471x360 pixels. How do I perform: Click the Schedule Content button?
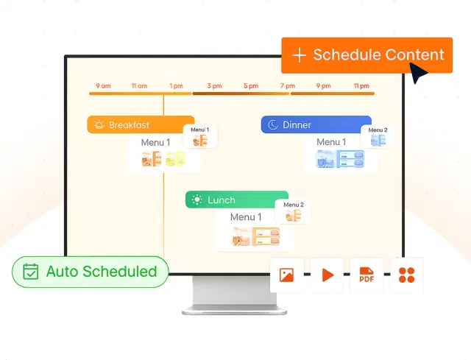tap(366, 55)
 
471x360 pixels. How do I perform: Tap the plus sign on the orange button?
tap(299, 55)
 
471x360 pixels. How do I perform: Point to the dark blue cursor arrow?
tap(419, 73)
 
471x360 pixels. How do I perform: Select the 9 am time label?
tap(103, 86)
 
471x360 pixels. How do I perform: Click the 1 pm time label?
tap(176, 86)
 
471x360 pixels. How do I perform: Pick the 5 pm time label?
tap(250, 86)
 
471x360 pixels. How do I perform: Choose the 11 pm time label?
tap(361, 86)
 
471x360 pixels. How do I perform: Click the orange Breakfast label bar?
tap(141, 124)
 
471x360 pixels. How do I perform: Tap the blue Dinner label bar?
tap(316, 124)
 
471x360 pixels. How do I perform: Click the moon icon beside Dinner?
tap(273, 125)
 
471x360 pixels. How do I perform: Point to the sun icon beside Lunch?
tap(196, 200)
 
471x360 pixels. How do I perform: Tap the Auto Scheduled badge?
tap(90, 271)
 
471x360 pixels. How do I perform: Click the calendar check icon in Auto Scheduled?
tap(30, 271)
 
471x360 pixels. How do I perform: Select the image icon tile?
tap(287, 275)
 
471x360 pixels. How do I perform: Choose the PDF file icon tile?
tap(366, 275)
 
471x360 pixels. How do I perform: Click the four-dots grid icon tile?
tap(406, 275)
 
